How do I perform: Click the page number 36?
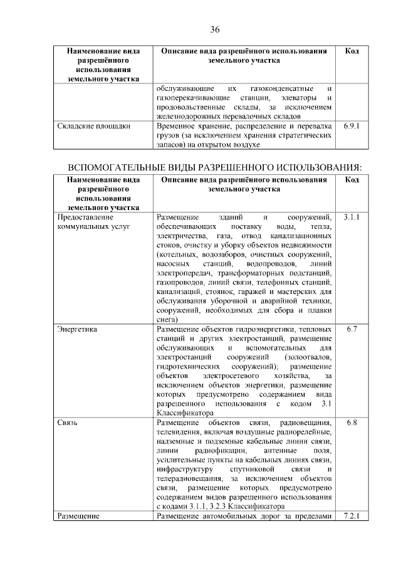click(x=214, y=29)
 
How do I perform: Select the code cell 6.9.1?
click(x=352, y=126)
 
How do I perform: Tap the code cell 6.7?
click(x=352, y=329)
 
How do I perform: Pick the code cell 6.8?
click(x=352, y=423)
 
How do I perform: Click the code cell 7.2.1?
click(x=352, y=517)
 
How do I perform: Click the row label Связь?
click(x=67, y=423)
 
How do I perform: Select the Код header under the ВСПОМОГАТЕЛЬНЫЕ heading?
click(x=352, y=180)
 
